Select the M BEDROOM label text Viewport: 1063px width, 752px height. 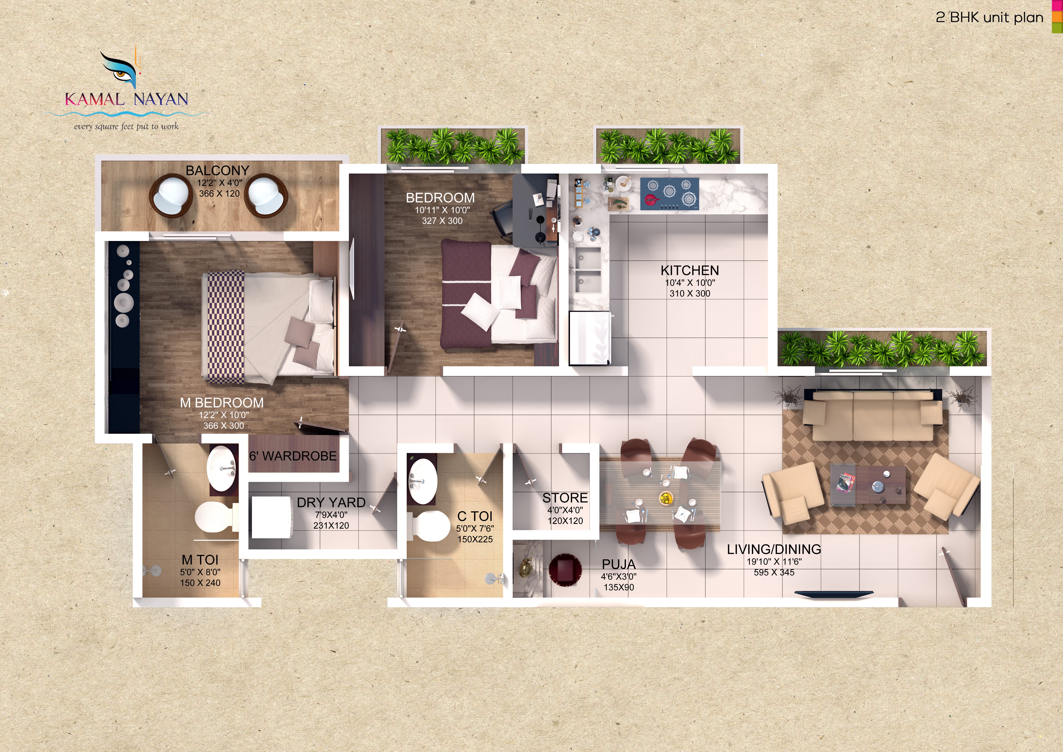pos(222,403)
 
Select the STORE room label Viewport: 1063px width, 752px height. pos(565,498)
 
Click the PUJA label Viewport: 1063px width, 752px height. pos(619,564)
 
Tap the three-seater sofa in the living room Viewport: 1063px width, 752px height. pos(873,415)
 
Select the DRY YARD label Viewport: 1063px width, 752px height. pos(331,502)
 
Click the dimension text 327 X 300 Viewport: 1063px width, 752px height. pos(442,221)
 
